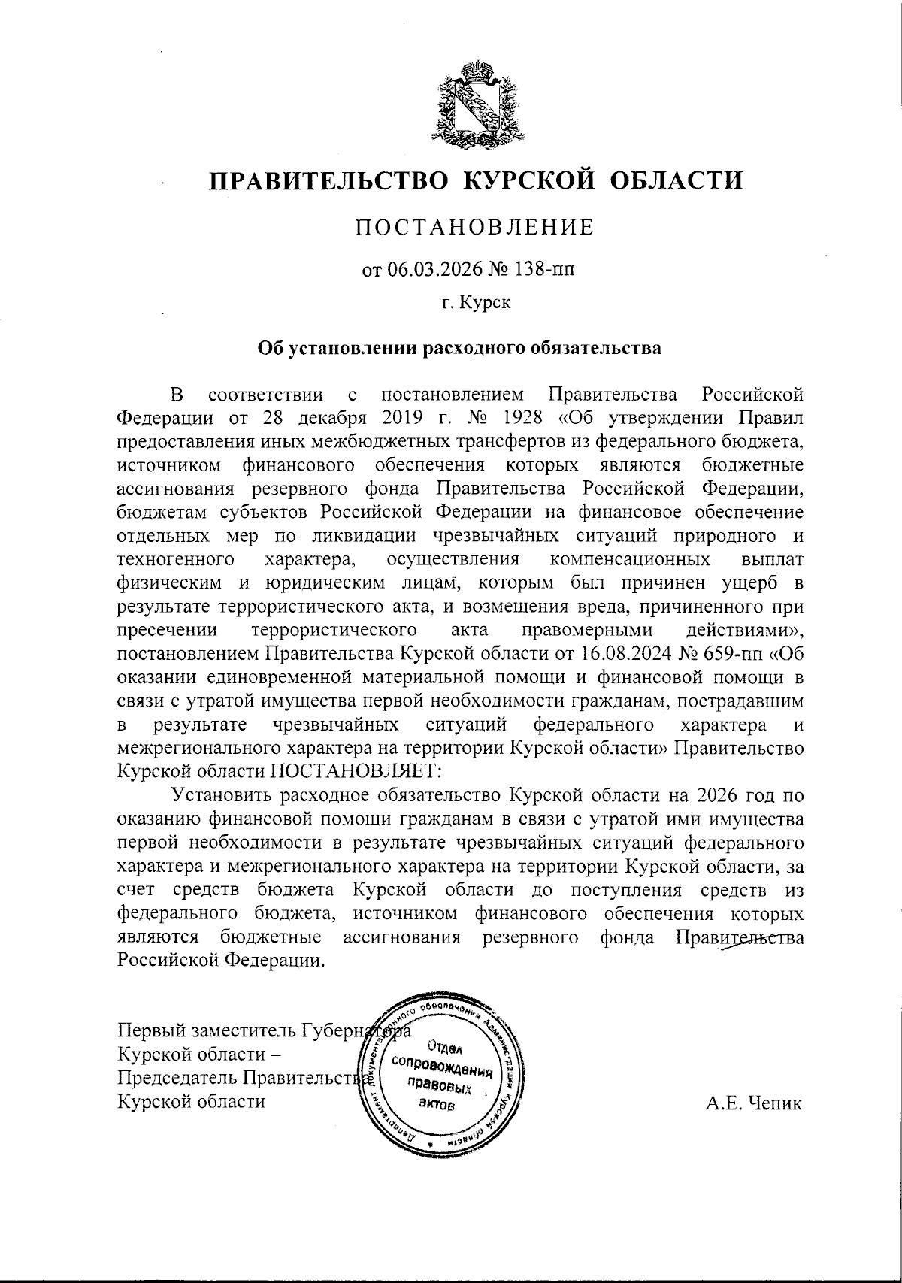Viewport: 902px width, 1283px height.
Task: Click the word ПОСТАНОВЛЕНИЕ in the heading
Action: pyautogui.click(x=474, y=227)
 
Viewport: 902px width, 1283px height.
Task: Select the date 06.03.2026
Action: pyautogui.click(x=431, y=269)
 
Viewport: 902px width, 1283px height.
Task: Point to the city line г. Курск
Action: pyautogui.click(x=475, y=304)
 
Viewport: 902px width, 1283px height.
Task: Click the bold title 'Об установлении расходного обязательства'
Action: pyautogui.click(x=459, y=348)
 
